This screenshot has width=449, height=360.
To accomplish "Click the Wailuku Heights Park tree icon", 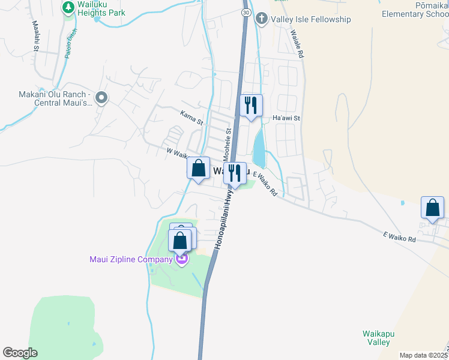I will click(67, 8).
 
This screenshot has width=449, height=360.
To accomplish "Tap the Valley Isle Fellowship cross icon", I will click(261, 19).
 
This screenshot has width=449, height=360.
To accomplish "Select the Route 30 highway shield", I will click(246, 12).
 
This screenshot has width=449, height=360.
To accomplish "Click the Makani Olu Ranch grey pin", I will click(101, 97).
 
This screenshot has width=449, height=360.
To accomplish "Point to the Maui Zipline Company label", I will click(131, 259).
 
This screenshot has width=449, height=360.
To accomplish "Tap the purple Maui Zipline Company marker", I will click(181, 259).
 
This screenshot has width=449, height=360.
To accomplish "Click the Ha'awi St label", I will click(286, 118).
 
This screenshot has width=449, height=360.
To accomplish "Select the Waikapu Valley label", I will click(376, 337).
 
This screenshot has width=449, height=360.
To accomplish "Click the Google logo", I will click(20, 353).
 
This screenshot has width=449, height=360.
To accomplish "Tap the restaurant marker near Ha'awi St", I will click(251, 106).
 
